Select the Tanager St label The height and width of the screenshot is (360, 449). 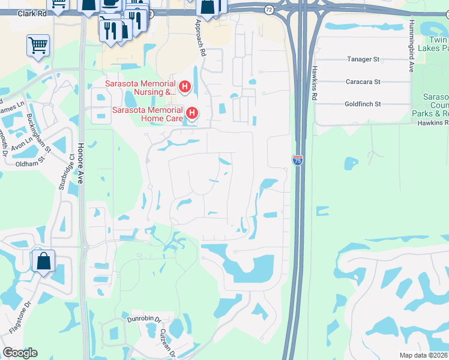pyautogui.click(x=363, y=60)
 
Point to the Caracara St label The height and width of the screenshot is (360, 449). pyautogui.click(x=363, y=82)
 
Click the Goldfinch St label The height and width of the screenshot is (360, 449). pyautogui.click(x=363, y=104)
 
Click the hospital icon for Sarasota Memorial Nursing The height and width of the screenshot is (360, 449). pyautogui.click(x=185, y=88)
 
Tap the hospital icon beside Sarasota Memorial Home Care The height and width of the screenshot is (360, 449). pyautogui.click(x=192, y=113)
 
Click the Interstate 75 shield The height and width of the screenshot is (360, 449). pyautogui.click(x=298, y=160)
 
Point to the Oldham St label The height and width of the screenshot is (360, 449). pyautogui.click(x=31, y=161)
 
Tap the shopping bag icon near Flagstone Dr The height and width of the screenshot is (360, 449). pyautogui.click(x=44, y=262)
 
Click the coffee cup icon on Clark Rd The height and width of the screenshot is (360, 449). pyautogui.click(x=112, y=3)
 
